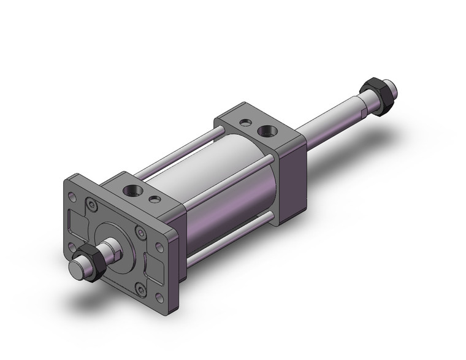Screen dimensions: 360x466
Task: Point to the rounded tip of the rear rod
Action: [x=395, y=90]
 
